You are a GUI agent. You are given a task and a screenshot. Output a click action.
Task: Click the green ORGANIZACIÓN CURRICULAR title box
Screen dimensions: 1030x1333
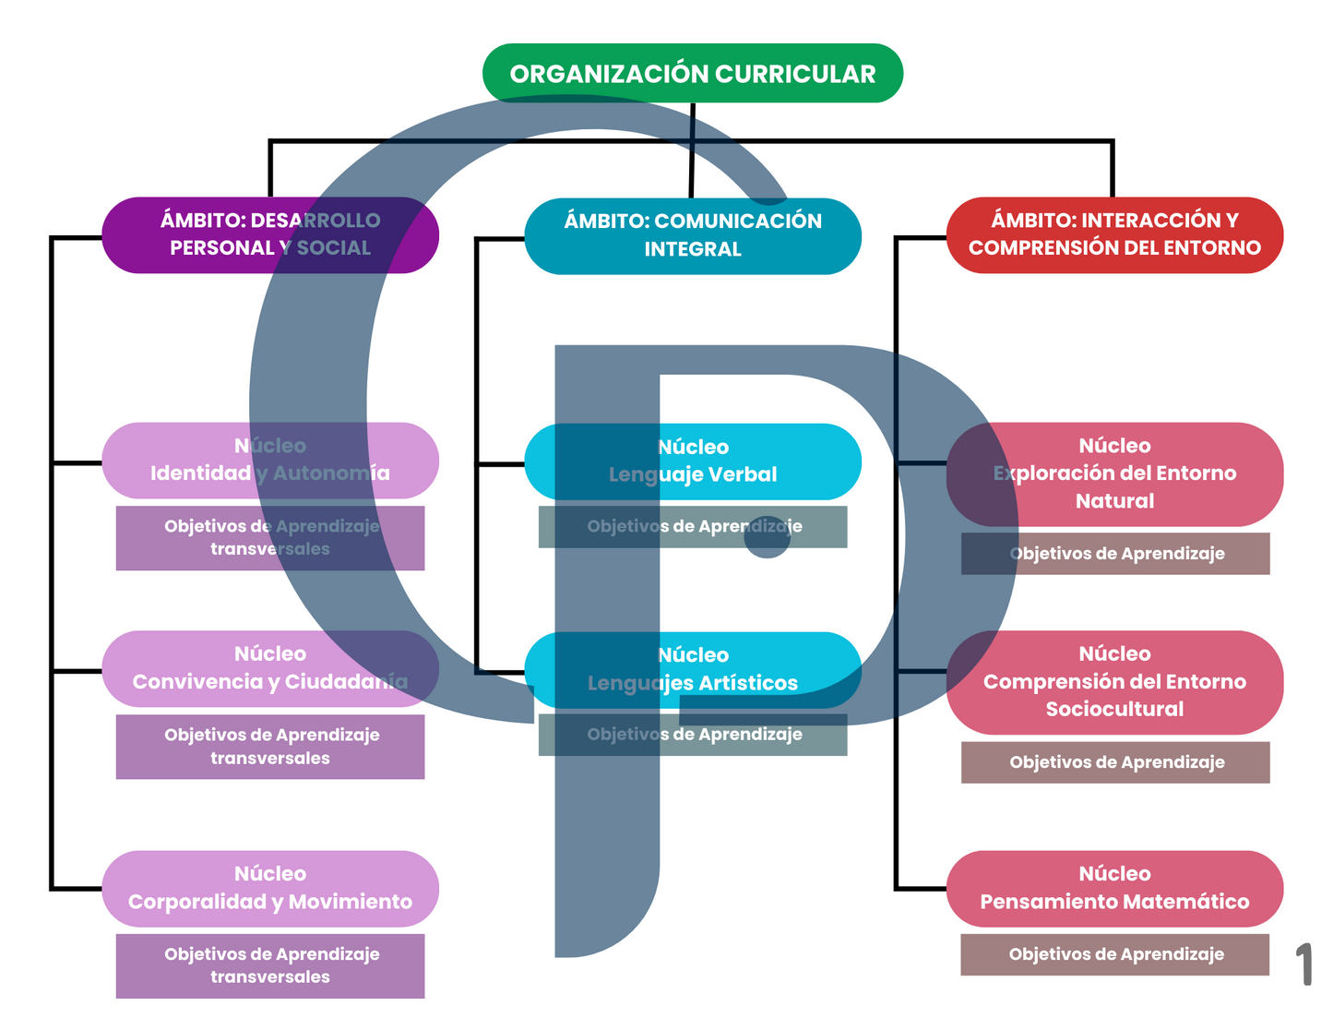point(692,73)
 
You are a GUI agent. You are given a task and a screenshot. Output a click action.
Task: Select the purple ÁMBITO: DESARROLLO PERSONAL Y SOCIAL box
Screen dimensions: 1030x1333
point(269,234)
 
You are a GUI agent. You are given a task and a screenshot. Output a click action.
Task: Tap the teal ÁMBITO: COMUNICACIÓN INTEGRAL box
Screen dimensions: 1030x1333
point(692,235)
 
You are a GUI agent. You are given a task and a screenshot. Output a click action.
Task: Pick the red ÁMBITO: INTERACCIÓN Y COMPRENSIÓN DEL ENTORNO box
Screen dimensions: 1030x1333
point(1114,234)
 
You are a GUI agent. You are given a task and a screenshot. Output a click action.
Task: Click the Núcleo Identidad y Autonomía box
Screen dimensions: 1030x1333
point(269,460)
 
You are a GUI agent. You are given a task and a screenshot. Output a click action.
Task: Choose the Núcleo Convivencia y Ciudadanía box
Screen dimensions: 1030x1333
point(269,668)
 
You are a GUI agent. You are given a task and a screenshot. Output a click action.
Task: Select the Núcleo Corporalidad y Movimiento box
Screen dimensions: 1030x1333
point(269,888)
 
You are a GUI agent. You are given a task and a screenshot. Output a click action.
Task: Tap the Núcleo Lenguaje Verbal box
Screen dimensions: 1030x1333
point(692,461)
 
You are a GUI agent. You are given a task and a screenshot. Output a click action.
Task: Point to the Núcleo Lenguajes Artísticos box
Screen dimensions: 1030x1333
point(692,669)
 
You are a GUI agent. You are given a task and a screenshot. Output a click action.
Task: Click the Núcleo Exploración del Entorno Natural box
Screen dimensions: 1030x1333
point(1114,473)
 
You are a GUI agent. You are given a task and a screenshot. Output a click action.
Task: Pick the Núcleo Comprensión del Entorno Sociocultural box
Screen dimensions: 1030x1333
point(1114,682)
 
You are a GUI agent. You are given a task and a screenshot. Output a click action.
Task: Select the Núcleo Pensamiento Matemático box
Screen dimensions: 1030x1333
point(1114,888)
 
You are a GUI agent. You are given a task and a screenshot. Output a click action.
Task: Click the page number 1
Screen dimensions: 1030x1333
point(1303,964)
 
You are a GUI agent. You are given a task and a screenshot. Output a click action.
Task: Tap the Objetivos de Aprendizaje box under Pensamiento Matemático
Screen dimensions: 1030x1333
point(1114,954)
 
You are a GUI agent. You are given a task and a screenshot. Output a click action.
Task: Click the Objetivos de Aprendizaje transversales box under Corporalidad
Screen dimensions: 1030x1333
point(269,965)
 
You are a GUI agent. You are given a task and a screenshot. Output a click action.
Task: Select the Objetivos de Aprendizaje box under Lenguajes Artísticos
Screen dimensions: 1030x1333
point(692,735)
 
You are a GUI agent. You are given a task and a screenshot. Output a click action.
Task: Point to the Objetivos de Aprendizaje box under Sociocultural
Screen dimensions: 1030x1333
point(1114,762)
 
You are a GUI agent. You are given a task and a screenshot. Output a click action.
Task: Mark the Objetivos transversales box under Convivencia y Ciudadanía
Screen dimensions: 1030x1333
point(269,747)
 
